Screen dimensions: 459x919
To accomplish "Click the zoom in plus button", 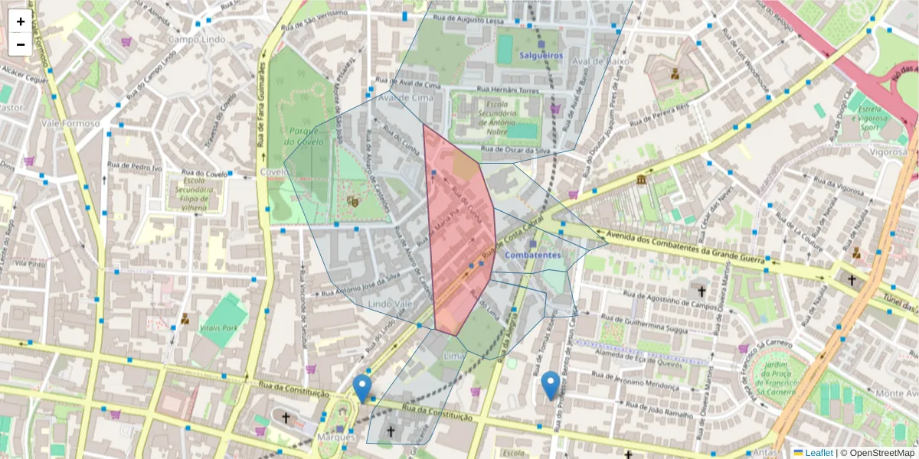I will click(21, 21).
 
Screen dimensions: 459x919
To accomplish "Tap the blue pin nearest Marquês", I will click(362, 388).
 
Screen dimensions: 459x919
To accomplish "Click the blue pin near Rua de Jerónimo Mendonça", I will click(550, 385).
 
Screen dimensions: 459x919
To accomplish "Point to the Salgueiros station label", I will click(541, 56).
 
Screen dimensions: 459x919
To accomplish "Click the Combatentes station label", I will click(533, 255).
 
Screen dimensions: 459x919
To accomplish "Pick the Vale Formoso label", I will click(70, 123).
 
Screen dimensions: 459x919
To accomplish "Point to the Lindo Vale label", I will click(391, 304).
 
